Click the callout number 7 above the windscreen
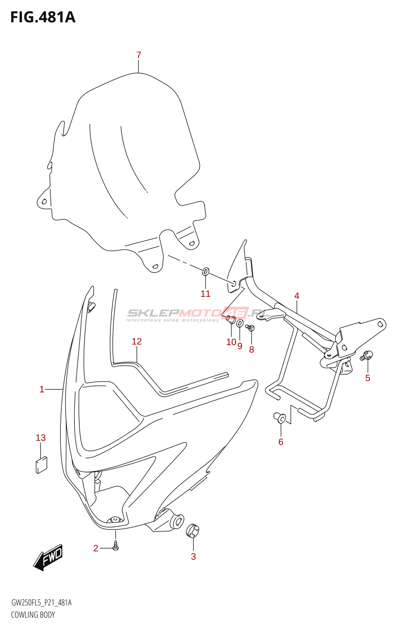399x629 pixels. (x=139, y=55)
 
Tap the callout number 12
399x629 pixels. (x=137, y=342)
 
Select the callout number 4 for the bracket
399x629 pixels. (x=297, y=296)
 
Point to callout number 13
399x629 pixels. (x=41, y=438)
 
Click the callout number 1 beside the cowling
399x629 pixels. (x=42, y=390)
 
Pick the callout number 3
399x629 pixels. (x=193, y=556)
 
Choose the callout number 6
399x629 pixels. (x=281, y=442)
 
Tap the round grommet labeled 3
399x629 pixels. (x=192, y=531)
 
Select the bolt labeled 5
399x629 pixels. (x=366, y=355)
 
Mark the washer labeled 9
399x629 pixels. (x=240, y=323)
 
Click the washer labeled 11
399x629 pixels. (x=206, y=272)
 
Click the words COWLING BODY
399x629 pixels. (x=33, y=615)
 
